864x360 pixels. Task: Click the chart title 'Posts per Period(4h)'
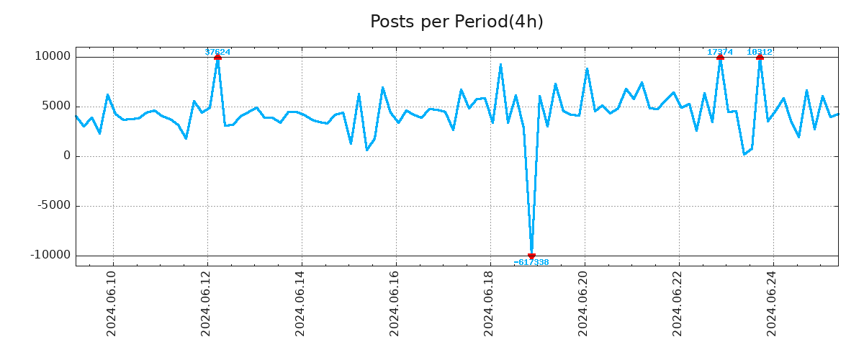tap(456, 22)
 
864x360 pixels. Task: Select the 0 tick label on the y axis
tap(67, 156)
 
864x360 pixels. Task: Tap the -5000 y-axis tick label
tap(52, 206)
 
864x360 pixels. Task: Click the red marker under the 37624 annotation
tap(217, 57)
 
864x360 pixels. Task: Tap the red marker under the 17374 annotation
tap(720, 57)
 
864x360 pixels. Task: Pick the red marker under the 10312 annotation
tap(760, 57)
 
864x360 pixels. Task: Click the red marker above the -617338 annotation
tap(531, 256)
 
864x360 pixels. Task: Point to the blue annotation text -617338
tap(531, 263)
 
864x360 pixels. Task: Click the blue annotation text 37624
tap(217, 52)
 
